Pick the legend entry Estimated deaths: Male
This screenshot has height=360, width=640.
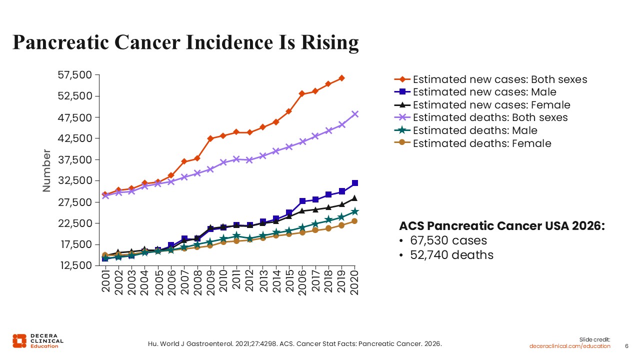click(x=475, y=130)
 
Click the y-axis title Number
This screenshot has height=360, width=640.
click(x=46, y=170)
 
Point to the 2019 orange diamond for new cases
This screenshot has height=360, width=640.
click(x=341, y=78)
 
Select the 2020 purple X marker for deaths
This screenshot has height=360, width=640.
click(x=355, y=114)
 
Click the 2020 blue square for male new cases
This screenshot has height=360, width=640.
click(x=355, y=183)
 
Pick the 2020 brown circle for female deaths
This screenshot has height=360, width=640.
click(x=354, y=221)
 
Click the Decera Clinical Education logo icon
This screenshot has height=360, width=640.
click(x=19, y=340)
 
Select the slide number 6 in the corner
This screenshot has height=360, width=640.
click(x=627, y=346)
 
